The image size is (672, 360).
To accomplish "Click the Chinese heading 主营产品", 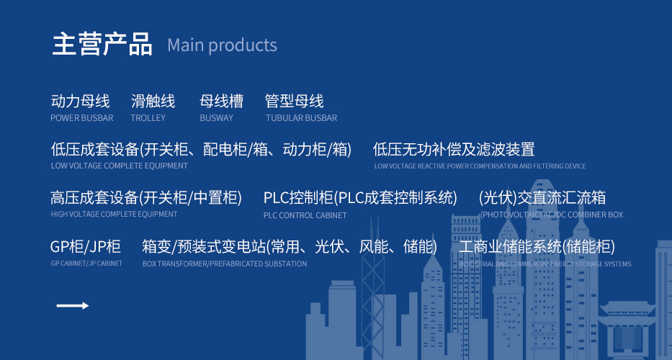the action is (x=102, y=44).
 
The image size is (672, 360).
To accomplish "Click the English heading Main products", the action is (x=222, y=45).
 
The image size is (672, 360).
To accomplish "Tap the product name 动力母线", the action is (x=80, y=101).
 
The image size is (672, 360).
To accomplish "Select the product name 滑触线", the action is (x=153, y=101).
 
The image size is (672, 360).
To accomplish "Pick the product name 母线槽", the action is (x=221, y=101).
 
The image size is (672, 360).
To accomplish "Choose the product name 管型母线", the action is (x=295, y=101).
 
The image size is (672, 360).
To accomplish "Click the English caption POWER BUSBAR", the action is (x=82, y=118).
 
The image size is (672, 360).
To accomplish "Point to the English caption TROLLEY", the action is (x=148, y=118).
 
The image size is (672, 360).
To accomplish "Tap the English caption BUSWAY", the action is (x=216, y=118).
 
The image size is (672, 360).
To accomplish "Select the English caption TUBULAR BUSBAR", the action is (x=301, y=118).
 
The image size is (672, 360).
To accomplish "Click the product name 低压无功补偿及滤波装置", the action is (x=454, y=150).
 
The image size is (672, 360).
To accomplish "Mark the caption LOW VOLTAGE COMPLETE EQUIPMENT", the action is (x=119, y=166).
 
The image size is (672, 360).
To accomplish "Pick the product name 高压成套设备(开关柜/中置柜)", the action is (x=146, y=198).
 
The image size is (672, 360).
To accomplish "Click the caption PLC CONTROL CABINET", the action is (x=305, y=215).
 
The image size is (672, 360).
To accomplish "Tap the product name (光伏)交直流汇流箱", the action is (x=542, y=198).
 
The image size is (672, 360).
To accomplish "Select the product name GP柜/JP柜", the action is (x=85, y=247).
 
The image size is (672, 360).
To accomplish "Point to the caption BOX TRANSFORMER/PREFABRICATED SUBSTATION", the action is (x=225, y=264).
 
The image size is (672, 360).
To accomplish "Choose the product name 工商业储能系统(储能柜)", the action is (x=537, y=247).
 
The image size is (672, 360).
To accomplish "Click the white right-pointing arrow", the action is (x=73, y=305).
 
